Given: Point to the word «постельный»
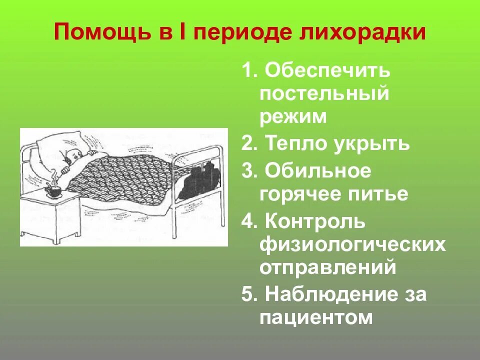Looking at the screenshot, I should pos(324,93).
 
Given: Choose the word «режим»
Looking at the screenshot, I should pos(293,116).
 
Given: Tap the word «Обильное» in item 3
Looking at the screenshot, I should pos(318,171).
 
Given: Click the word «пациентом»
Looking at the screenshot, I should pos(316,317).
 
